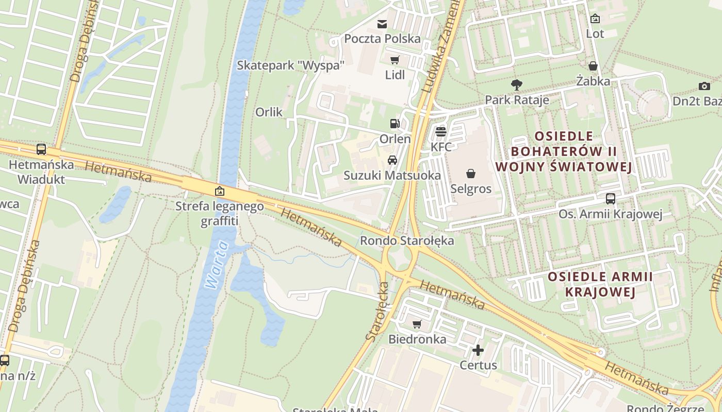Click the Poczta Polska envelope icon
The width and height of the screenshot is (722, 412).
(x=382, y=24)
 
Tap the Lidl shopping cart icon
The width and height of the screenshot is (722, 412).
(x=395, y=60)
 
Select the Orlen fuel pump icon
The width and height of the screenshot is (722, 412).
(x=395, y=124)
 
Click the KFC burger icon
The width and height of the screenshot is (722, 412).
(x=440, y=132)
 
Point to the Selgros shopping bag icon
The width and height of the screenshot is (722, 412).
(x=470, y=174)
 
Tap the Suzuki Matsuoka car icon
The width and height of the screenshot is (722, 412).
(x=392, y=160)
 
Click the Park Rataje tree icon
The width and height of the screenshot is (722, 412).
(x=516, y=85)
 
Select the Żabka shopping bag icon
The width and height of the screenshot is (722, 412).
(x=593, y=66)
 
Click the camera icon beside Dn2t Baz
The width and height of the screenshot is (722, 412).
(x=704, y=86)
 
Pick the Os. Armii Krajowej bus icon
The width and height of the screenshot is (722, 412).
(x=610, y=199)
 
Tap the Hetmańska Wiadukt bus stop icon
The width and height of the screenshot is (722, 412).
(x=41, y=149)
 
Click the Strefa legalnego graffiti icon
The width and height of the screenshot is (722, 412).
(x=220, y=191)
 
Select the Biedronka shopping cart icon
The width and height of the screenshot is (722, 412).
(x=417, y=324)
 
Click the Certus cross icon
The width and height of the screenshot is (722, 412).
(x=478, y=350)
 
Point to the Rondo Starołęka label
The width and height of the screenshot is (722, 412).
(x=407, y=241)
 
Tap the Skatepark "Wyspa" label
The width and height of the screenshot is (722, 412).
(x=290, y=65)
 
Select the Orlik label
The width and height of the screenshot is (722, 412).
(x=269, y=112)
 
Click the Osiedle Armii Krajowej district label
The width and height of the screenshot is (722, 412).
(x=600, y=284)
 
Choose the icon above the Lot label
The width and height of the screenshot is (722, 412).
(x=595, y=19)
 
